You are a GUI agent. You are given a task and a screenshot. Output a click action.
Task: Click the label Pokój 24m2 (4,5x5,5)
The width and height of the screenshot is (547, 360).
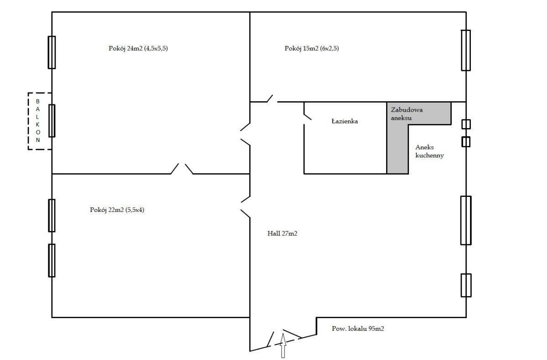pos(138,48)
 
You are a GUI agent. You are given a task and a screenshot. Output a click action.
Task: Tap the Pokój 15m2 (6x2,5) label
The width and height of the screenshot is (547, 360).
pos(312,48)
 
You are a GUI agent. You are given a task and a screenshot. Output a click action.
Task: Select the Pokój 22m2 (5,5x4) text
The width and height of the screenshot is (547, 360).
pos(117,210)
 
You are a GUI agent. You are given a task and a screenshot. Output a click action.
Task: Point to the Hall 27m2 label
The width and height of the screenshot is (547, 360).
pos(282,233)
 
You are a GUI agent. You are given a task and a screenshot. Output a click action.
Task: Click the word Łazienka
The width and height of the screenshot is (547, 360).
pos(345,121)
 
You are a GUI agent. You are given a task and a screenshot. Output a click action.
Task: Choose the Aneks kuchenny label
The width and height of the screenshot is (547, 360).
pos(429,151)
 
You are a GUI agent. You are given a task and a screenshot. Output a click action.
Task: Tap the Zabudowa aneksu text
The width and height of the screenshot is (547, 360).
pos(407,114)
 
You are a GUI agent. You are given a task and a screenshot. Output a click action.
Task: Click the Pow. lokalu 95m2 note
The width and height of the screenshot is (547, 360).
pos(358,329)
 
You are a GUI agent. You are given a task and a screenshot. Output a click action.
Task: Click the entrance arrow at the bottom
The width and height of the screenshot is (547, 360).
pos(283,345)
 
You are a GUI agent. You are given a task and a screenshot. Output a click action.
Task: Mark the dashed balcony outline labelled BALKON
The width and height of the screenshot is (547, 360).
pos(28,121)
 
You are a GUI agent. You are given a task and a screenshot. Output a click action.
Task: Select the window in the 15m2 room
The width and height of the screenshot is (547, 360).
pos(466,50)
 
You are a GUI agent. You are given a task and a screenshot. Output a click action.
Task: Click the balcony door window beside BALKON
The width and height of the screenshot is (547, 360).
pos(52,121)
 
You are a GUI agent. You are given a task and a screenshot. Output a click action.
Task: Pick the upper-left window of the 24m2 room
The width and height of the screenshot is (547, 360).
pos(52,52)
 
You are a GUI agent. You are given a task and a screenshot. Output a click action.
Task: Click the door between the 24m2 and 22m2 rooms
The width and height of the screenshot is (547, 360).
pos(182,169)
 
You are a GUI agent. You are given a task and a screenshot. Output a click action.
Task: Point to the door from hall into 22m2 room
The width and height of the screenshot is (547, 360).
pos(245,207)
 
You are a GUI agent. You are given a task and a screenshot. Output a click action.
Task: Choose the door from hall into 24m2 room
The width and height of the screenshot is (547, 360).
pos(245,134)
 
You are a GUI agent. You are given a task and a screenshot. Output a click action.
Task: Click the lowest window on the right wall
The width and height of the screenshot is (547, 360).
pos(466,285)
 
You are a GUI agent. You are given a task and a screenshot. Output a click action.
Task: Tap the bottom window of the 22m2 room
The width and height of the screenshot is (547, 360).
pos(52,260)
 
